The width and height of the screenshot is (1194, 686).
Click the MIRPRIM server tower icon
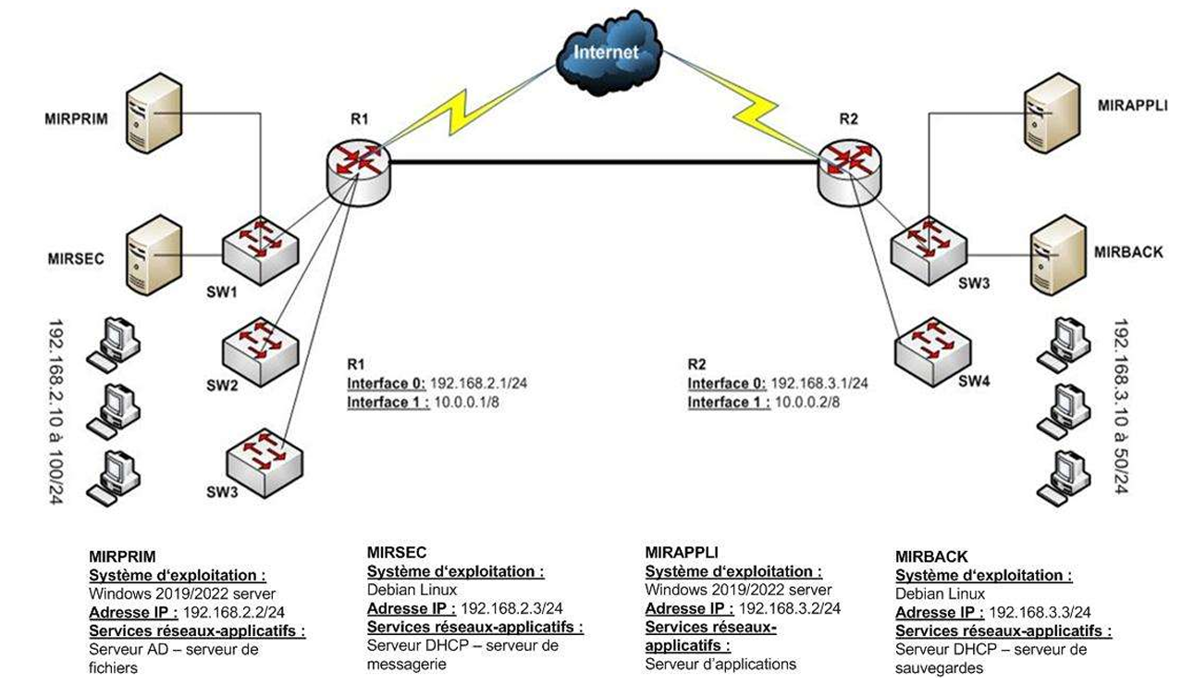[154, 113]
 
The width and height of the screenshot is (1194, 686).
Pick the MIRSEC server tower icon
[154, 255]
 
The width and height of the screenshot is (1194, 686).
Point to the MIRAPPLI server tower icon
[1052, 113]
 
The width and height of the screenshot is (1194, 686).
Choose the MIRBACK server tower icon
[1059, 255]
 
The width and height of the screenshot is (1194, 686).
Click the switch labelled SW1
[261, 250]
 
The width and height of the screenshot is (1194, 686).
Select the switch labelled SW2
[261, 351]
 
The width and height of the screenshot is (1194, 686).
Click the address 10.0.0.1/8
[466, 402]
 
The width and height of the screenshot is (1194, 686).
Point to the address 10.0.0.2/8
[807, 402]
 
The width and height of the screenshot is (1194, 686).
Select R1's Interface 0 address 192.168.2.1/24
[479, 383]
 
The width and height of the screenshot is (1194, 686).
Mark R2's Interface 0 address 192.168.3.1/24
[819, 383]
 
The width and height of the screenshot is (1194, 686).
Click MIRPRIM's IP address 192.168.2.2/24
[233, 612]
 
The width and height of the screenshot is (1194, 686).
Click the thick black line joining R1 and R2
[604, 161]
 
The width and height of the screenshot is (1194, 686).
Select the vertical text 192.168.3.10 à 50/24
[1121, 406]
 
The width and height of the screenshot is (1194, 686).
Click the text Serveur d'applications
[720, 664]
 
